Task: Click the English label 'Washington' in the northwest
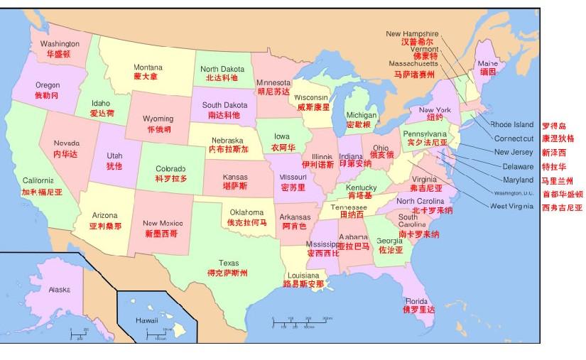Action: tap(60, 43)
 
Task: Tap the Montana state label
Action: tap(148, 67)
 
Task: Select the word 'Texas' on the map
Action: tap(229, 263)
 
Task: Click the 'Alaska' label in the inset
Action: tap(59, 290)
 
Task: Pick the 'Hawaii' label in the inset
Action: tap(147, 321)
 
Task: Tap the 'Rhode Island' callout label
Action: tap(511, 125)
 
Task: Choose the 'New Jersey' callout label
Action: tap(513, 152)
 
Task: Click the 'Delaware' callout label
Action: tap(517, 166)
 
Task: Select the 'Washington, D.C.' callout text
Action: tap(513, 193)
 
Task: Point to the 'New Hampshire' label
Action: tap(412, 33)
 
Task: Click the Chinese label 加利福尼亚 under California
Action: tap(42, 192)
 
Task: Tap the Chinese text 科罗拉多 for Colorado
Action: tap(171, 178)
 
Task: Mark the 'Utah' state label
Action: tap(114, 156)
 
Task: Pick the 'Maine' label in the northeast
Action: tap(487, 64)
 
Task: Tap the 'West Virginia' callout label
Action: tap(511, 206)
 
